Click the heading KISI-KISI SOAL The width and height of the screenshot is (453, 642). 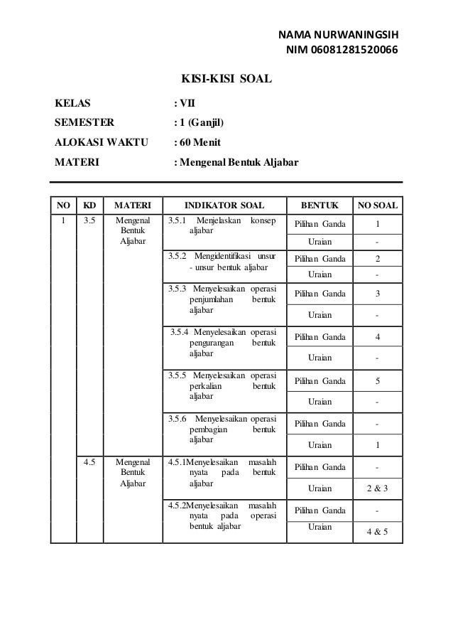[x=227, y=78]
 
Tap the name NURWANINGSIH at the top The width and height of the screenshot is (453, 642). [x=357, y=34]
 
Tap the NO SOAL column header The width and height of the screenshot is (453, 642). [x=378, y=207]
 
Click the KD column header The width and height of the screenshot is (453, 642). [x=89, y=207]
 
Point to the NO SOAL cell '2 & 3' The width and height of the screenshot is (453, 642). [x=377, y=488]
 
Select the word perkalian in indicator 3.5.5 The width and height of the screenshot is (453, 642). [x=207, y=386]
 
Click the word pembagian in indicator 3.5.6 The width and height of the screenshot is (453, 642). [x=210, y=430]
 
